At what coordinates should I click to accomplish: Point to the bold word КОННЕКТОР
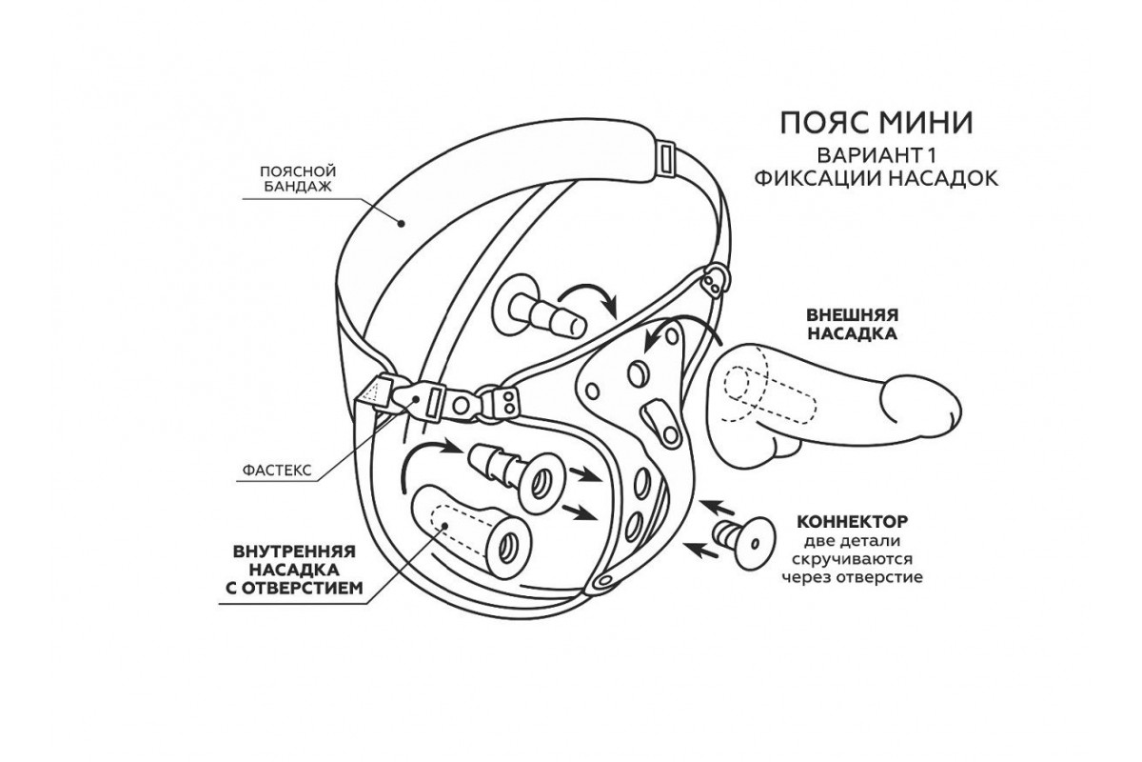[x=852, y=523]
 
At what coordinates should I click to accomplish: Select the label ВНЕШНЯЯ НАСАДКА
[x=853, y=325]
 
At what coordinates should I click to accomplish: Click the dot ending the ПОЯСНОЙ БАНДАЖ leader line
[x=403, y=225]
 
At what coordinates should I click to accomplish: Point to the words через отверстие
[x=852, y=577]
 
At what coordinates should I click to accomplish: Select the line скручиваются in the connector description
[x=852, y=559]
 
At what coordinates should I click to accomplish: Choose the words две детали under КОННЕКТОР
[x=852, y=541]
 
